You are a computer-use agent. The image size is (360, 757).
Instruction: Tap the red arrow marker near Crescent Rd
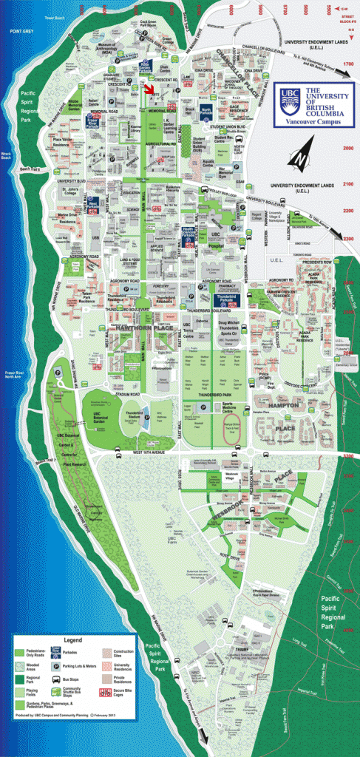[x=150, y=89]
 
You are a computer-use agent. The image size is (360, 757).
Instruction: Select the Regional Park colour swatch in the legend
[x=24, y=676]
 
